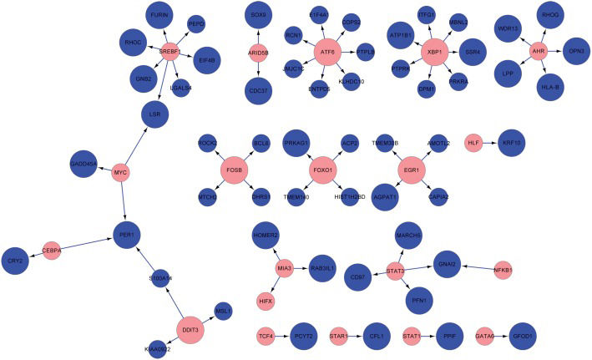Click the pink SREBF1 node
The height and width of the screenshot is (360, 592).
coord(171,53)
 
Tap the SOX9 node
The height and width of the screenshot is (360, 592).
coord(258,16)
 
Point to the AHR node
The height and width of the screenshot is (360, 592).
coord(539,52)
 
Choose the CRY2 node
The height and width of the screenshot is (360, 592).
coord(14,260)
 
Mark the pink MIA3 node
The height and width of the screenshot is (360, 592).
coord(285,268)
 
